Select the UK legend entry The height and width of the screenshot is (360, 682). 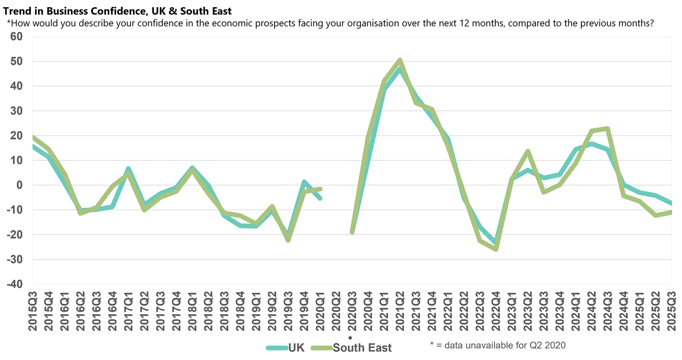[296, 348]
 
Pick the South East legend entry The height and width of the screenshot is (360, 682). [362, 348]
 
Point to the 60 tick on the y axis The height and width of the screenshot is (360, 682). [16, 37]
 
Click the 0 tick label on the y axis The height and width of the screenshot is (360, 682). [19, 185]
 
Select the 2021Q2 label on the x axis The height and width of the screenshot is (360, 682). [400, 311]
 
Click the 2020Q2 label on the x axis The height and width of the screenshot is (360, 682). [336, 311]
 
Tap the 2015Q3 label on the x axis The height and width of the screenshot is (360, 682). [33, 311]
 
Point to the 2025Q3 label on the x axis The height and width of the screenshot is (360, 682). [671, 311]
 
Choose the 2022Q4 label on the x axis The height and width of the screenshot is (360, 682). [496, 311]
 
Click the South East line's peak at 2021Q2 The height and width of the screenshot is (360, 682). [400, 60]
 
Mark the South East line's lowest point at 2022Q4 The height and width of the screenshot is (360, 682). [496, 249]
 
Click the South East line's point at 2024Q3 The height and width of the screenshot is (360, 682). [607, 128]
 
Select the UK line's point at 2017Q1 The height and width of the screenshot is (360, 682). [128, 168]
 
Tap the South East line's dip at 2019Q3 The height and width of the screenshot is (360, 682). [288, 241]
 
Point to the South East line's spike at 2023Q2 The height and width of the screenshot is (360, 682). [528, 151]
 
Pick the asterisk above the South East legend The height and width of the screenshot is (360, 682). [350, 338]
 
